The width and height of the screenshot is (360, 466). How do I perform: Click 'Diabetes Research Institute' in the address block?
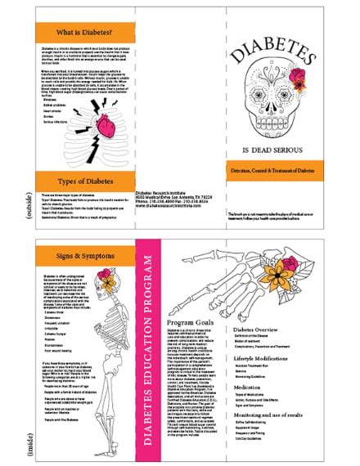(x=163, y=190)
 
